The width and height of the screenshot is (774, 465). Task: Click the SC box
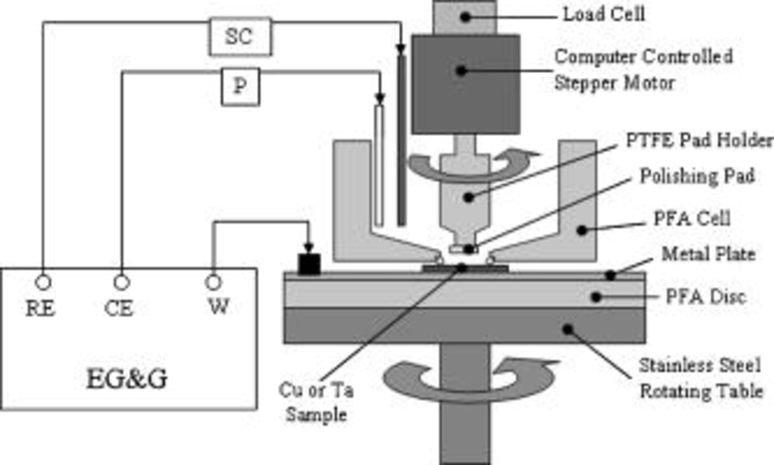point(240,37)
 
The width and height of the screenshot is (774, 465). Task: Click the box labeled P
point(240,86)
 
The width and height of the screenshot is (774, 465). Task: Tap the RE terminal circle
point(43,283)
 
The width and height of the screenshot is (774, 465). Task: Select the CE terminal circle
point(122,283)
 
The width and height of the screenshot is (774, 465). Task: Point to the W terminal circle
point(214,283)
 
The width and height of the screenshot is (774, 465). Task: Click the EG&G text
point(127,379)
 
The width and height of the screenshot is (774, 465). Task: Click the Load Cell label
point(604,15)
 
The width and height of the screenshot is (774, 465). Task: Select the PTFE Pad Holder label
point(699,141)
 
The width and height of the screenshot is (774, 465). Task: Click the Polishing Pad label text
point(697,176)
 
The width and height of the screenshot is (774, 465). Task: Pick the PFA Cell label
point(692,219)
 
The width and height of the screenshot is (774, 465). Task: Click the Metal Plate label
point(708,254)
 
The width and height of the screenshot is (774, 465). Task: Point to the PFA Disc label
point(706,297)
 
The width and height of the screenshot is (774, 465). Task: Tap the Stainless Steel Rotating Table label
point(700,379)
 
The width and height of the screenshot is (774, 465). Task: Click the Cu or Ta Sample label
point(316,402)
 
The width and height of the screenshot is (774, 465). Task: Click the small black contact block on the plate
point(309,264)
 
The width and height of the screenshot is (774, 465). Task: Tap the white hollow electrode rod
point(379,166)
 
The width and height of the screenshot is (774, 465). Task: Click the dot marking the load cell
point(465,17)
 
